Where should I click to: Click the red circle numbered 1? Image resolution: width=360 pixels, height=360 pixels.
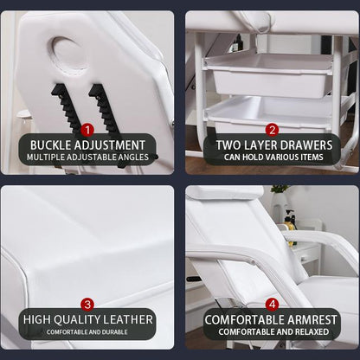(x=87, y=130)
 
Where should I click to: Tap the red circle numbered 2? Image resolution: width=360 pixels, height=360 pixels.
(x=272, y=130)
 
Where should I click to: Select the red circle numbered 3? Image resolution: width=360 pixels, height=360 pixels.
(x=87, y=305)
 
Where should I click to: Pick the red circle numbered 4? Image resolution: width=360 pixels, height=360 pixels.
(x=272, y=305)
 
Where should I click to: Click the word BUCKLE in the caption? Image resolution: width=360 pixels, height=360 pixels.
(x=51, y=145)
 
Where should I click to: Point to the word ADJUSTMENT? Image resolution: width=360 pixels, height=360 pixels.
(x=110, y=145)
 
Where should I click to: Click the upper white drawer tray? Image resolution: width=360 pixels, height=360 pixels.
(x=270, y=74)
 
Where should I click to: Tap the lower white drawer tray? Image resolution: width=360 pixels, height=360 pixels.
(x=270, y=115)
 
